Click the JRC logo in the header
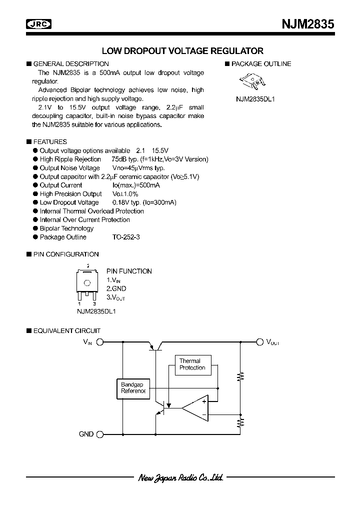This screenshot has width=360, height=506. [x=40, y=24]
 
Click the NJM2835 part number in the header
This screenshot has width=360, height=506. [x=303, y=24]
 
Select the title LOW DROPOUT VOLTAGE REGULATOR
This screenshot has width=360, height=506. [x=182, y=51]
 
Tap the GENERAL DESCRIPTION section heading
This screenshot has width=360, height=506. [x=70, y=64]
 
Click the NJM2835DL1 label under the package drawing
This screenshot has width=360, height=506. [x=255, y=99]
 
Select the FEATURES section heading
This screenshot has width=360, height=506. [x=49, y=142]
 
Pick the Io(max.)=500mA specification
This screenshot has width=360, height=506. [x=129, y=185]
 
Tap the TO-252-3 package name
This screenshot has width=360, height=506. [x=126, y=237]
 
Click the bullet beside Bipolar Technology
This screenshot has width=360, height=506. [x=35, y=228]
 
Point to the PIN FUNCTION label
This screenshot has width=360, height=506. [x=129, y=271]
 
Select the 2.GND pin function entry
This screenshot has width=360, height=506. [x=116, y=288]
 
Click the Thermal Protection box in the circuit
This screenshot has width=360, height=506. [x=192, y=364]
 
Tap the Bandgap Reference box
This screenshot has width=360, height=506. [x=132, y=387]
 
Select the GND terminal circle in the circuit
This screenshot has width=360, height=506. [x=99, y=434]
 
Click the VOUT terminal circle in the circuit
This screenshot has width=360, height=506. [x=259, y=342]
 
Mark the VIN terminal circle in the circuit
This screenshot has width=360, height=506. [x=99, y=342]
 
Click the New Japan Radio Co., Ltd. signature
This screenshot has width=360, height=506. [x=180, y=477]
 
